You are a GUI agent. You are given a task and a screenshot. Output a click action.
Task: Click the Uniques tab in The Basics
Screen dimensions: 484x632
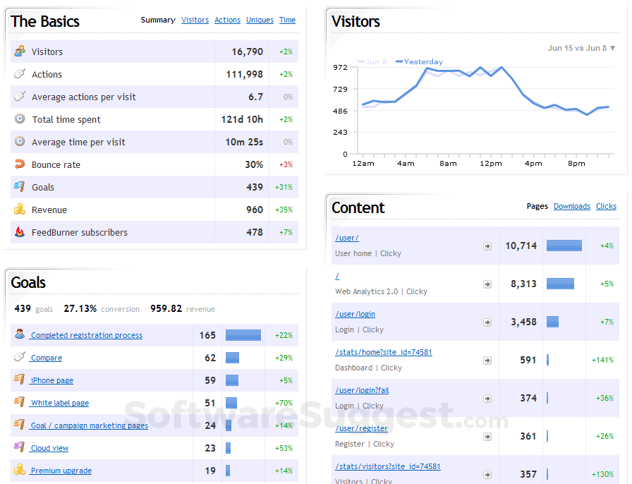(260, 20)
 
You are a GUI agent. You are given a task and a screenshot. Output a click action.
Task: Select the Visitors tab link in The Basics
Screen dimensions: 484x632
(195, 20)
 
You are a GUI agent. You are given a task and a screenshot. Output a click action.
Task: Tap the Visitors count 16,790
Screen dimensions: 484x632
(247, 52)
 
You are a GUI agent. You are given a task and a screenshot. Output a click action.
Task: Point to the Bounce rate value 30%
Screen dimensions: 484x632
(254, 164)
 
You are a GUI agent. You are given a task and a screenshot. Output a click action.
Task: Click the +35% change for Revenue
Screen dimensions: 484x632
(285, 210)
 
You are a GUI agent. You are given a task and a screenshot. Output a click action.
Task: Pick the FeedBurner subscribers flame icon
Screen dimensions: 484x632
(20, 231)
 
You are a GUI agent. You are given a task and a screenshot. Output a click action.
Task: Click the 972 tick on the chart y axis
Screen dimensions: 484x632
(341, 67)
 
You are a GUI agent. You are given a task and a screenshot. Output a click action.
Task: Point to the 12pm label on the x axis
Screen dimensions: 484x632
(491, 164)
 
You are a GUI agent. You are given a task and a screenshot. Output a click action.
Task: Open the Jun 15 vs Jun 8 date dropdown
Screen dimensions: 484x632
(581, 49)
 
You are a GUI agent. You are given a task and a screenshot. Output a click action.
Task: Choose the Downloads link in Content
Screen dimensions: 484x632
(571, 207)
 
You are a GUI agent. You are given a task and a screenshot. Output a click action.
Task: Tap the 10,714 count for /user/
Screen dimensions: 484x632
(521, 246)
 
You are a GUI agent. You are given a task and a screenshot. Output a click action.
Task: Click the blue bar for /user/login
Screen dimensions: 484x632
(552, 322)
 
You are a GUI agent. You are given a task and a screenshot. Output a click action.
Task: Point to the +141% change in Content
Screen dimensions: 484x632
(602, 360)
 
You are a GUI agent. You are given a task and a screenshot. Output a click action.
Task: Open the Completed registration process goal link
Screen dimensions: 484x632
(86, 336)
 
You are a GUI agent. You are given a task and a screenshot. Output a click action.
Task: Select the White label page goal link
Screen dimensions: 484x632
(60, 404)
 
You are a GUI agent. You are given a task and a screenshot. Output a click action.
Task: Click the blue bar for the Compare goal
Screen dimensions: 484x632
(232, 358)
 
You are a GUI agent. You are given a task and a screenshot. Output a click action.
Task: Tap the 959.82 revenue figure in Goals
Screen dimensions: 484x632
(166, 309)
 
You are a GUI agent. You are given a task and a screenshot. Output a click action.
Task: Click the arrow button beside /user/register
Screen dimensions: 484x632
(487, 436)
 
